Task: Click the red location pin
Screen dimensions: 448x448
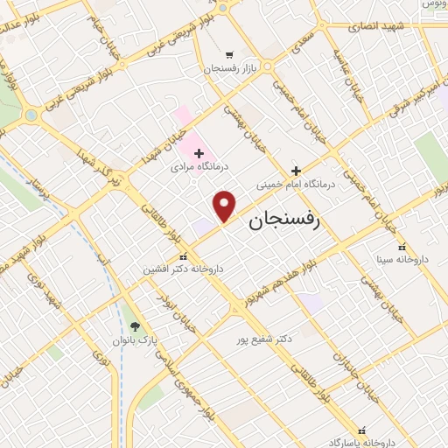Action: point(226,206)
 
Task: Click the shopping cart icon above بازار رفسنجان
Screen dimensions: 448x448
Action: point(228,54)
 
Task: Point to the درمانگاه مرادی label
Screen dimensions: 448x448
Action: point(200,166)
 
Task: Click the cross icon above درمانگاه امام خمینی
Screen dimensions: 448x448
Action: point(296,171)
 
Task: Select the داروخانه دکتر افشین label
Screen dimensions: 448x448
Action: point(184,269)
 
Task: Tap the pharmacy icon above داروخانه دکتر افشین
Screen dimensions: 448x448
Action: point(182,257)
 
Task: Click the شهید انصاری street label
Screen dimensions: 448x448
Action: point(375,26)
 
